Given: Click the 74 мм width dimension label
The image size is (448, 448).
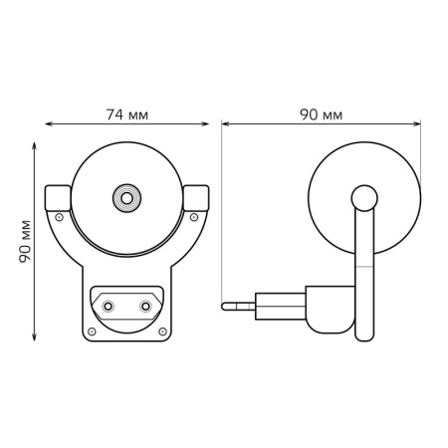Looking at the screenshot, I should coord(126,114).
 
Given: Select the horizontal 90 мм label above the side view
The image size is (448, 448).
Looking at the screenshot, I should coord(321,114).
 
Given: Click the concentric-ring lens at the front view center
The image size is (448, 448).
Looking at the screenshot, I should coord(126,197).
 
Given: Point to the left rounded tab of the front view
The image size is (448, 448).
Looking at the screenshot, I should coord(59,196).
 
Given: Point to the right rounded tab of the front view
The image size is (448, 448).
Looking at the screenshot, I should coord(196,196).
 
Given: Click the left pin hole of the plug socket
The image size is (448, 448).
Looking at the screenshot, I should coord(109,306).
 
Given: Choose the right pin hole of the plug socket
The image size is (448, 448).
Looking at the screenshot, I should coord(145,306).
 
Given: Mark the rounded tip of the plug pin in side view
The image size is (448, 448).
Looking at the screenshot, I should coord(225,306).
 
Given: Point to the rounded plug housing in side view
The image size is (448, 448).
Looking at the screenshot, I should coord(329,308).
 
